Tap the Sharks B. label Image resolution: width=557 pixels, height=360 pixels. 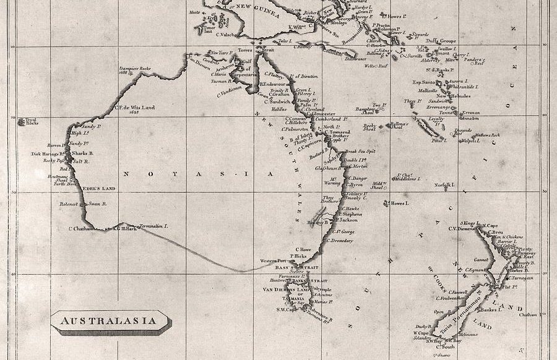pyautogui.click(x=82, y=153)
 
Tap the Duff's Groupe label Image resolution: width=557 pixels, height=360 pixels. pyautogui.click(x=444, y=41)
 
